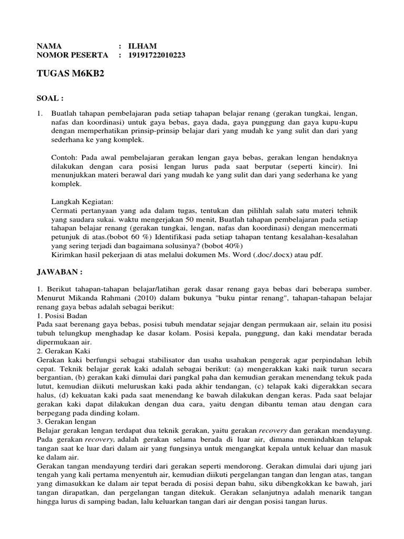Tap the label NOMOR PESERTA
(x=72, y=55)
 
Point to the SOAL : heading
(x=50, y=98)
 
